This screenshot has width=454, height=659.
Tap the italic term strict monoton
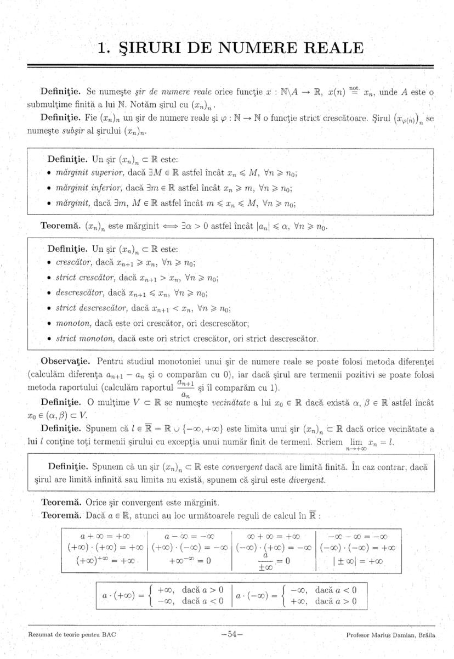point(83,339)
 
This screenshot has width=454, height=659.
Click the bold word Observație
point(66,362)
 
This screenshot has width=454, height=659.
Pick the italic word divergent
point(306,480)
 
